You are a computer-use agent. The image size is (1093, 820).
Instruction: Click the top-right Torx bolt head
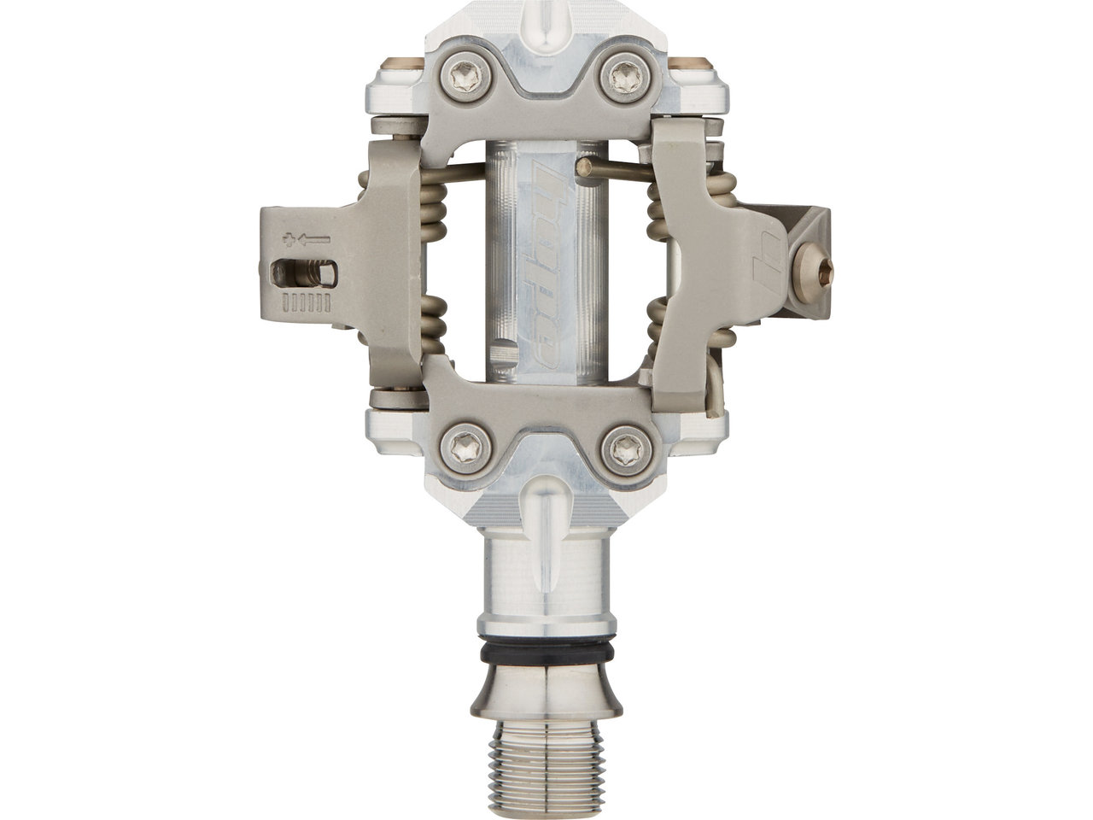(625, 78)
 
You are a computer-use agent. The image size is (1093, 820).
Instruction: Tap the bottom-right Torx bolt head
(626, 450)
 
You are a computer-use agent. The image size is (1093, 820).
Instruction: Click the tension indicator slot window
(303, 274)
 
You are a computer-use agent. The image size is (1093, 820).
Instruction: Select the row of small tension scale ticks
(306, 303)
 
